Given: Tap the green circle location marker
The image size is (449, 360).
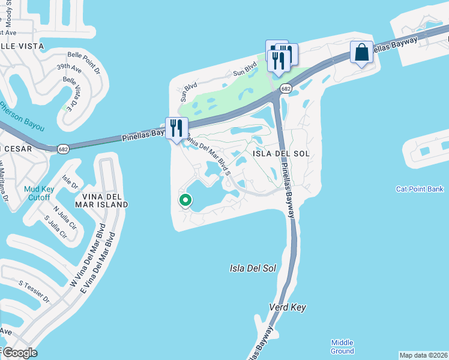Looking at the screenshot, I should (x=185, y=200).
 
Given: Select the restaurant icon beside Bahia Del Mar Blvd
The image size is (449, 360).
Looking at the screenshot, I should (x=176, y=128).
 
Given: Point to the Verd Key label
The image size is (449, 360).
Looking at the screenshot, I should (x=287, y=307).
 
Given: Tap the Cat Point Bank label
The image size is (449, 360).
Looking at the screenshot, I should (x=420, y=189).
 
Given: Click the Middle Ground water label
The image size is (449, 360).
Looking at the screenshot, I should (x=342, y=346).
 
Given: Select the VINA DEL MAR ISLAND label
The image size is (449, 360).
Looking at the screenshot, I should (x=101, y=200).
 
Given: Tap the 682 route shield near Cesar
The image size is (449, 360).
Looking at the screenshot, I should (x=63, y=148).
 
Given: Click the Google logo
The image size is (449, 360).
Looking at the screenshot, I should (x=19, y=353).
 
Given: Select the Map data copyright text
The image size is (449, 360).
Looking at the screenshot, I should (x=423, y=355).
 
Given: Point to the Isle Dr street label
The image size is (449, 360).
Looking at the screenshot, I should (x=70, y=182).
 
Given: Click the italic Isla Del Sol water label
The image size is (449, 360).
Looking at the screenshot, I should (x=253, y=268).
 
